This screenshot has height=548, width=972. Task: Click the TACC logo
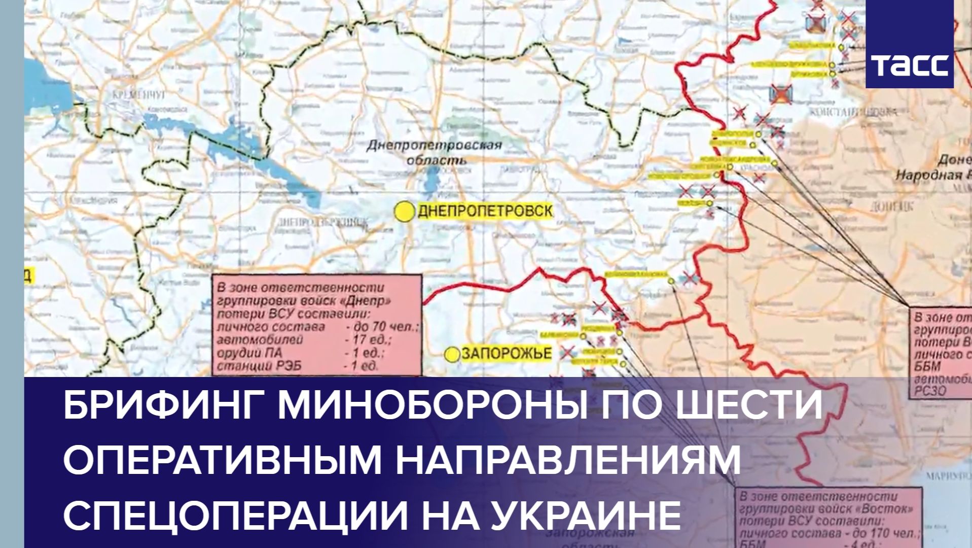[909, 65]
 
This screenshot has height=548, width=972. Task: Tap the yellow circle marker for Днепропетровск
[405, 212]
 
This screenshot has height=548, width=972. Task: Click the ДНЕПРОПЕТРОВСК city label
[485, 211]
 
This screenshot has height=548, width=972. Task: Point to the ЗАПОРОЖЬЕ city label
[506, 354]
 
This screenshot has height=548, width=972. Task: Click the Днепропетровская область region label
[434, 153]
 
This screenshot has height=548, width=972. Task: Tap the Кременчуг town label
[133, 95]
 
